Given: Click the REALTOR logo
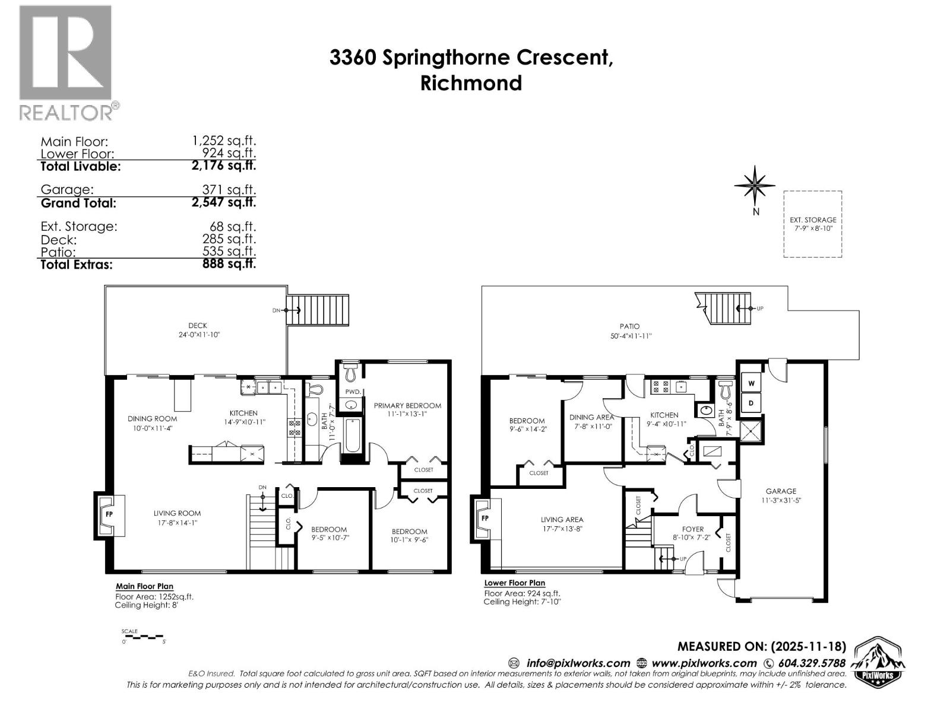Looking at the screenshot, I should (65, 62).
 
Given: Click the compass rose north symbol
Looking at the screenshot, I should (755, 185).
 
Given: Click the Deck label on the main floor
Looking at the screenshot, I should (198, 326).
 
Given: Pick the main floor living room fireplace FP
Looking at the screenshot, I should (110, 514).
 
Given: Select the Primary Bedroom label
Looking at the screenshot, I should (407, 406).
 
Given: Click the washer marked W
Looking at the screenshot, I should (751, 383).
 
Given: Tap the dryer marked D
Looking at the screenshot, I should (751, 403).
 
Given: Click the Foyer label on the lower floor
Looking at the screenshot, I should (693, 529).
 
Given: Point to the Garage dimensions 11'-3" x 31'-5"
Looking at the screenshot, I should (781, 500).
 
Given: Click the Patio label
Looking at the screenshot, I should (629, 326).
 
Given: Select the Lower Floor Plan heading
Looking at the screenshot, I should (514, 583).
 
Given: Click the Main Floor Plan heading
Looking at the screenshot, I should (144, 587).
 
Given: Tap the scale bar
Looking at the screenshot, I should (142, 637).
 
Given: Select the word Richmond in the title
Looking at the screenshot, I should (471, 83).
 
